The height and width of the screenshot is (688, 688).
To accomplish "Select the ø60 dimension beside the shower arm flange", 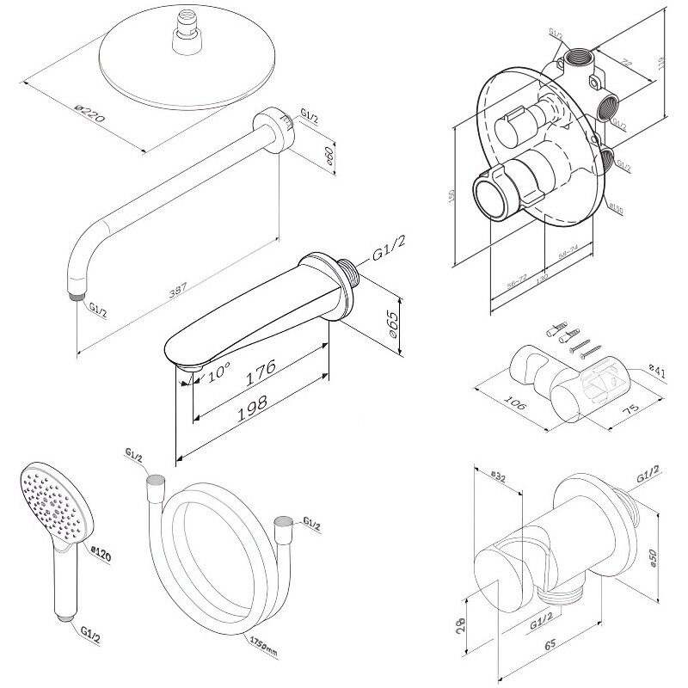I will pyautogui.click(x=330, y=157).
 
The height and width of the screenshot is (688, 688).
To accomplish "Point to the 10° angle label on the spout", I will pyautogui.click(x=218, y=372).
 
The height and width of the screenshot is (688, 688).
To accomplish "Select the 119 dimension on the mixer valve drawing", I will pyautogui.click(x=673, y=63).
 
